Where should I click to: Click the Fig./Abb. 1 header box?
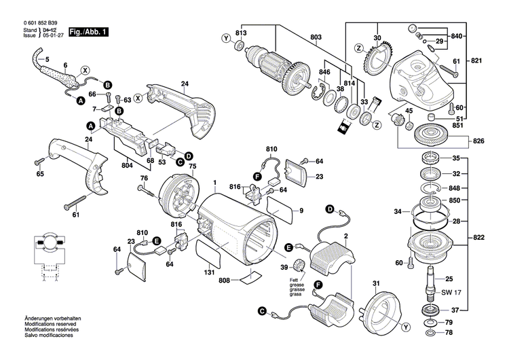tap(88, 32)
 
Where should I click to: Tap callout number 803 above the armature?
tap(316, 36)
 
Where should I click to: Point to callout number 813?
tap(240, 33)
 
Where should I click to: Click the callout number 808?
tap(224, 280)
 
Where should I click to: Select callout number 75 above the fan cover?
tap(192, 166)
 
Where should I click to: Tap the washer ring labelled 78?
tap(429, 334)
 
